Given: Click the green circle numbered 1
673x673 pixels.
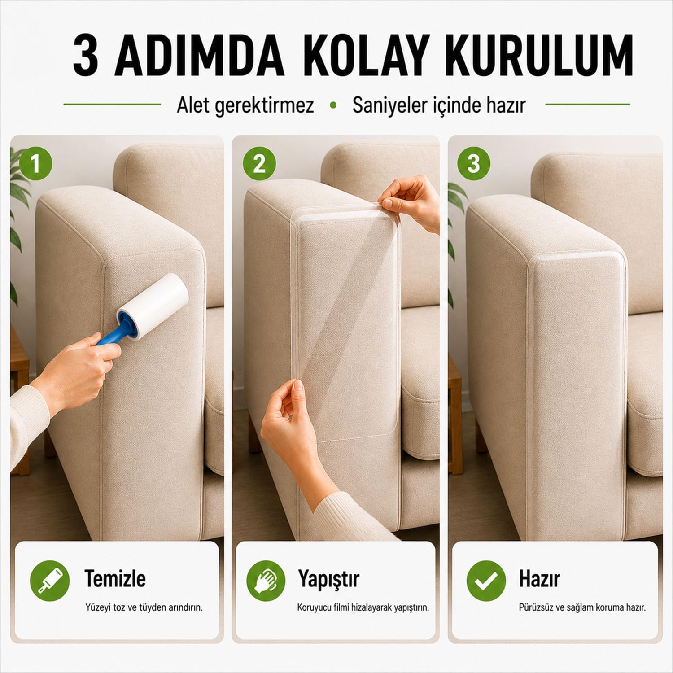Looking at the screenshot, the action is coord(35,164).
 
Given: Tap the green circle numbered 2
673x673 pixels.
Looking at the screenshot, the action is coord(259,164).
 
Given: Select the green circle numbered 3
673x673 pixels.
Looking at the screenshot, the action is coord(474,164).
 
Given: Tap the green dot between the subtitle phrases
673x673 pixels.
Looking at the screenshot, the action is coord(333,105).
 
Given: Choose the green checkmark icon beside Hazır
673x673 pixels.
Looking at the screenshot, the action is coord(486,580).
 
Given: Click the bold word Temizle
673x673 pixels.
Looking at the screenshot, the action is coord(115,578).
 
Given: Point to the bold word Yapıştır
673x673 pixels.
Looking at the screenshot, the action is coord(328,579).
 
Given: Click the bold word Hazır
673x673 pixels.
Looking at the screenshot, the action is coord(539,579).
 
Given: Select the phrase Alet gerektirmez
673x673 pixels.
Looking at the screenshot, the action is coord(245,106).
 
